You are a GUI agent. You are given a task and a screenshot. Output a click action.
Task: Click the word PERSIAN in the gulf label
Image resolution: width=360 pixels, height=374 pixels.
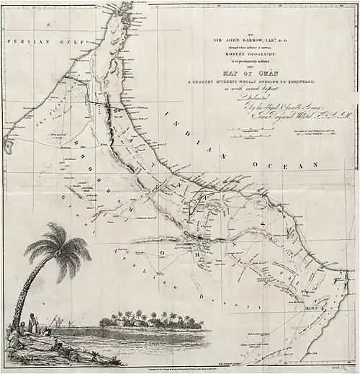pos(24,43)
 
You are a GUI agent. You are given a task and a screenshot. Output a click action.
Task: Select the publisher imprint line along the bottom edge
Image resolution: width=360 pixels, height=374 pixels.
pos(130,368)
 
